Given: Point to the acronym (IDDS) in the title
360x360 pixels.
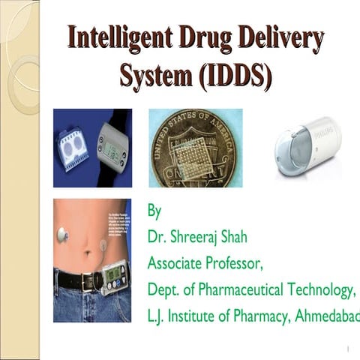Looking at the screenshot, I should click(234, 74).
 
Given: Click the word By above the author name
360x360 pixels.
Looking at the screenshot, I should click(154, 211).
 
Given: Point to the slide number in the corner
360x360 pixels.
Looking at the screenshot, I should click(349, 349).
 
